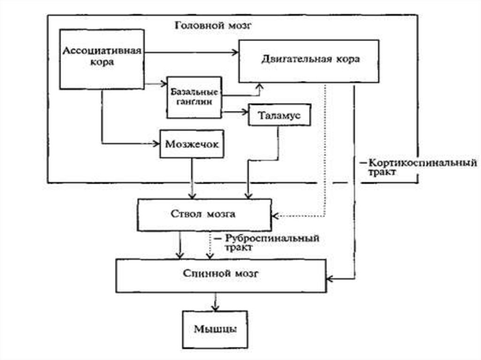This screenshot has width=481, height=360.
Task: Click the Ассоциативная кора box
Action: (101, 59)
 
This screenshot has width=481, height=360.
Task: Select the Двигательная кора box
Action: (309, 61)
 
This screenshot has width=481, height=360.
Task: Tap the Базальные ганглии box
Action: (194, 97)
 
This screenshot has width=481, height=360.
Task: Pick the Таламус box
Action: (279, 115)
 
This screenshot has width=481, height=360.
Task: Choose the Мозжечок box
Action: (192, 144)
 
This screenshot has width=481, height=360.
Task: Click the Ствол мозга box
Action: (204, 214)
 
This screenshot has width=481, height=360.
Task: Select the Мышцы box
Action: (215, 328)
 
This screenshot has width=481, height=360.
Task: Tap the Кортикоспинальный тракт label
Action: (418, 168)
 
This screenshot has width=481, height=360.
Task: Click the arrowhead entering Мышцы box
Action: (215, 307)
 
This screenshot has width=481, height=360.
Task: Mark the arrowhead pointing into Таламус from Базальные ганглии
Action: (245, 113)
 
